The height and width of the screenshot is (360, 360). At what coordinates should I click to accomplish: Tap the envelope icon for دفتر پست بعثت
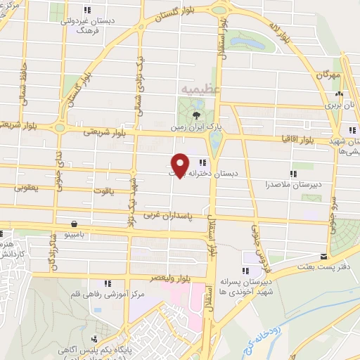(323, 257)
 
